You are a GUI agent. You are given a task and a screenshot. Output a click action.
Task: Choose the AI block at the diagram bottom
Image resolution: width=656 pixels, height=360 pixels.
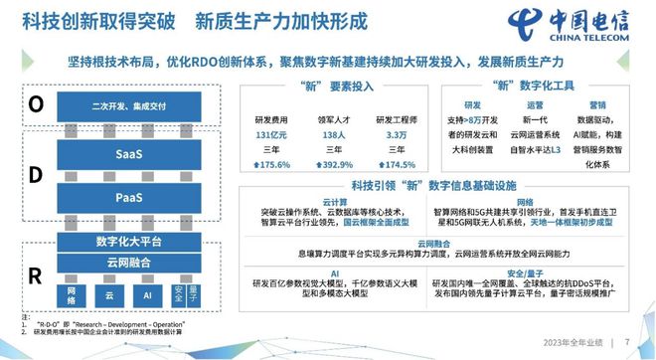point(146,294)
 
